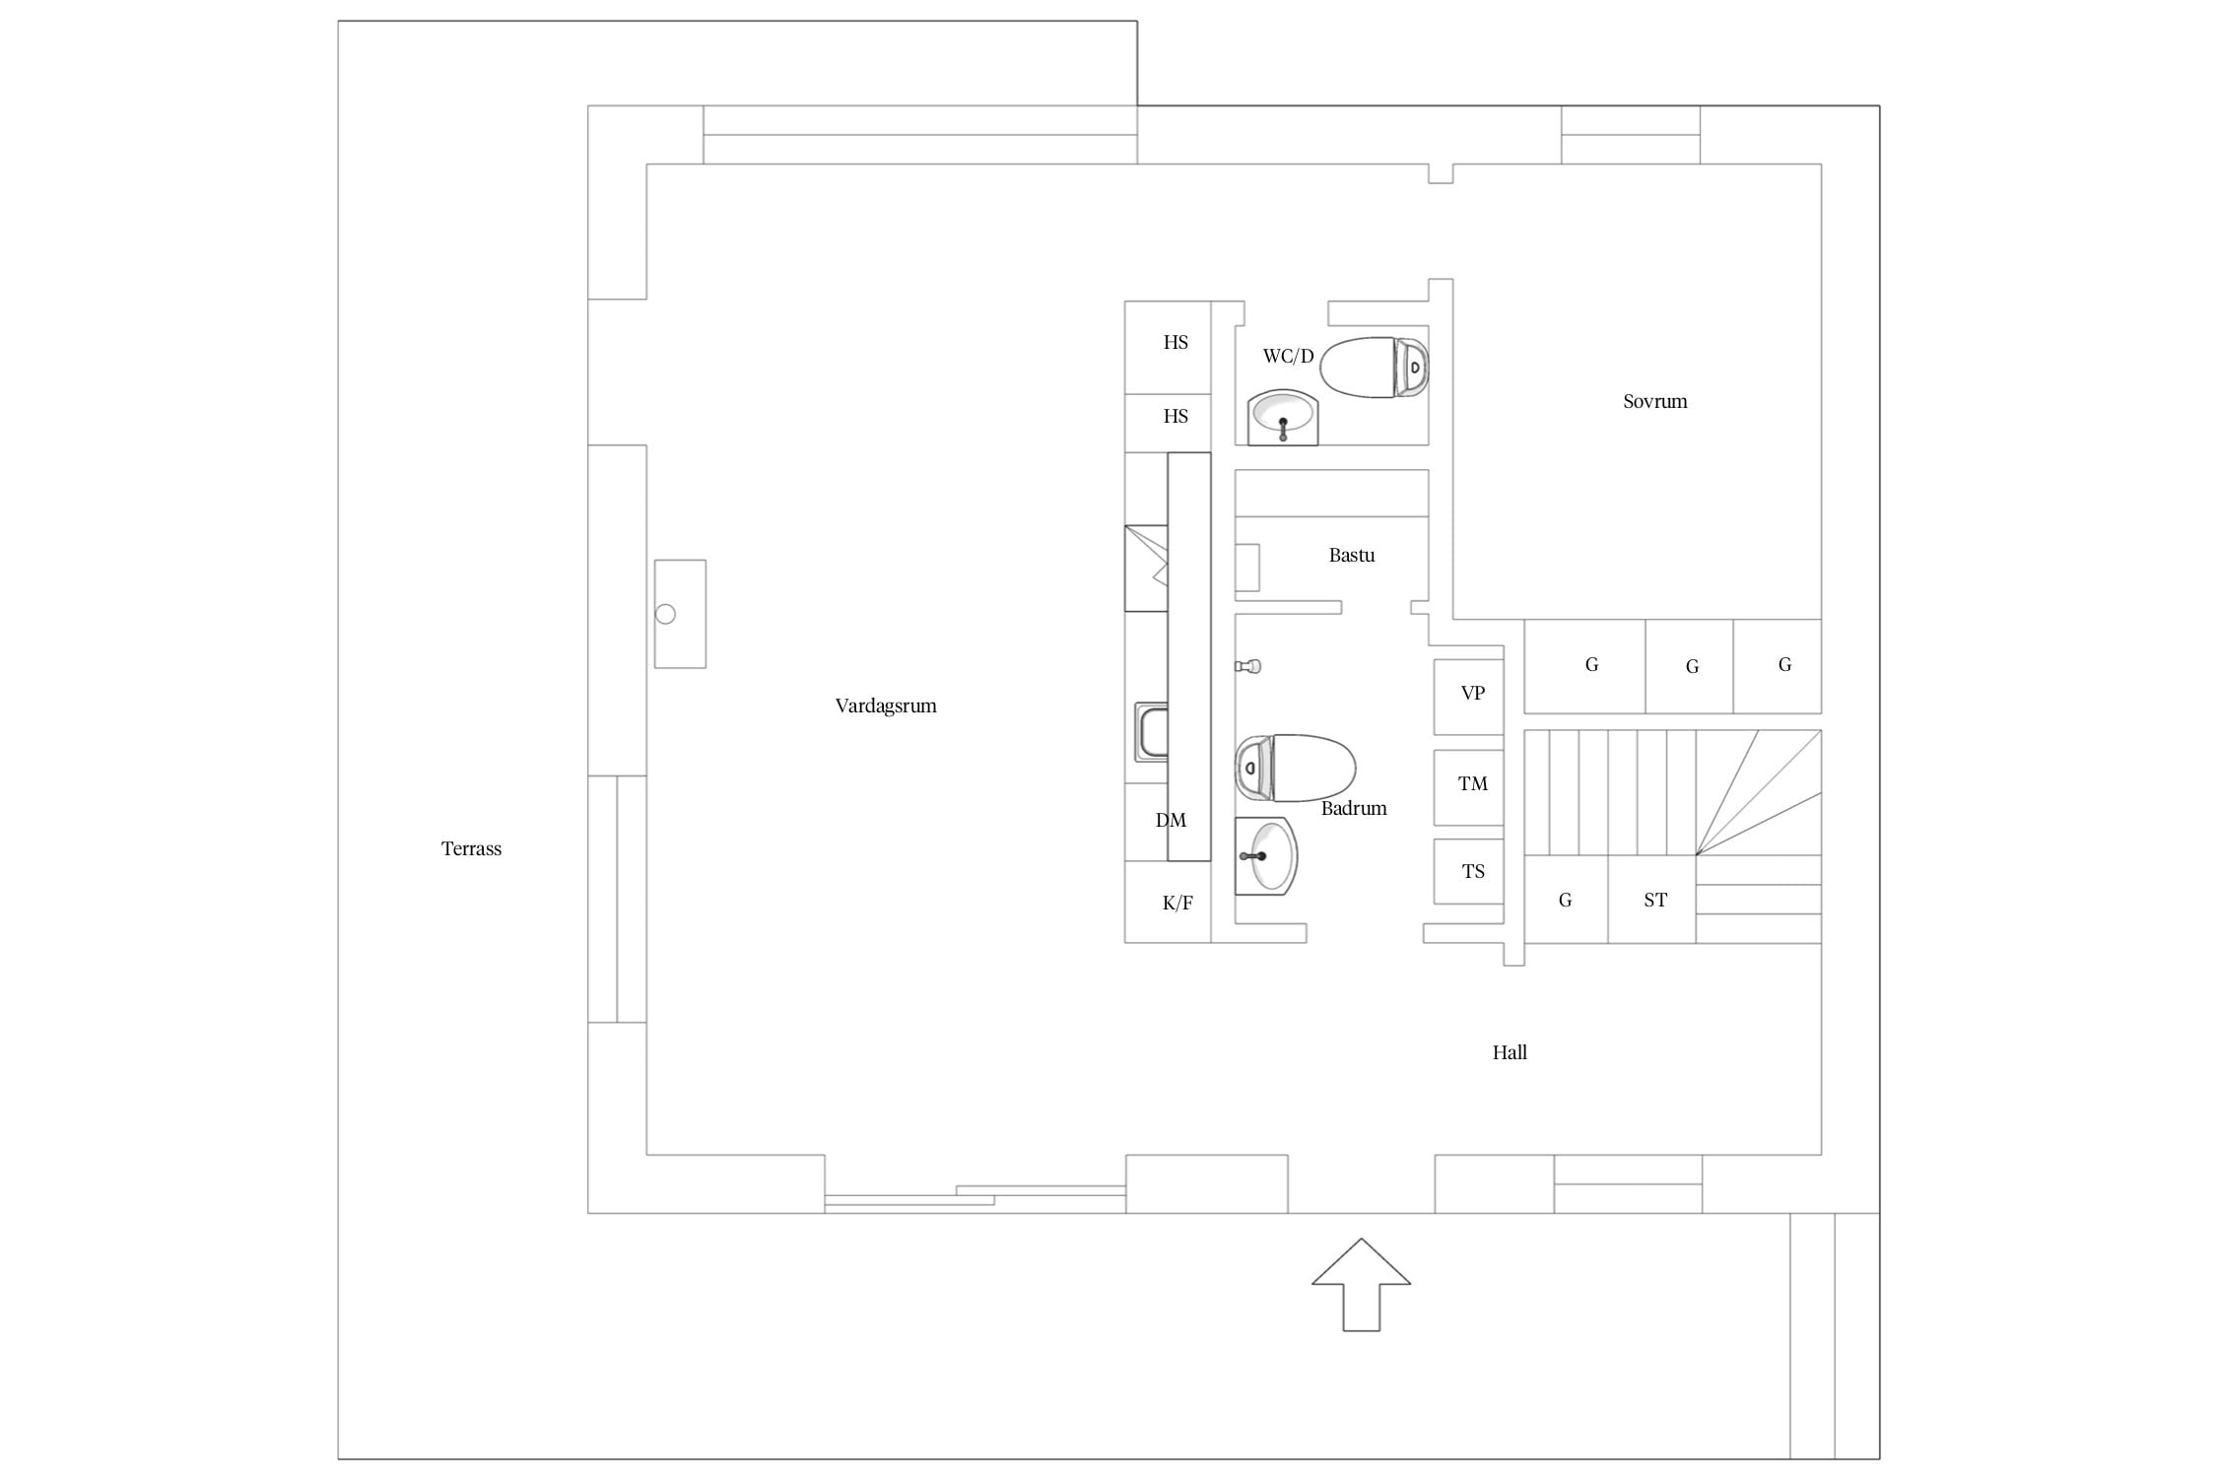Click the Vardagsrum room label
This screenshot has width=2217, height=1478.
pos(886,705)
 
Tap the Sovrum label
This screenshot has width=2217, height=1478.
pos(1655,401)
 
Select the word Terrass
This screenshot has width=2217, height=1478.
pos(471,848)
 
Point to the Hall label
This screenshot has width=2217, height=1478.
pos(1510,1052)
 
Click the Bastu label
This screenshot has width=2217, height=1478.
pos(1352,555)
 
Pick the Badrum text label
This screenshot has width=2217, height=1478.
pos(1354,808)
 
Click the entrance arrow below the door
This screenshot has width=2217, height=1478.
pos(1361,1284)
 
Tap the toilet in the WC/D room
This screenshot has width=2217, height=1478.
pos(1375,368)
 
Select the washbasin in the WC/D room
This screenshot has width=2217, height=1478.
pos(1282,419)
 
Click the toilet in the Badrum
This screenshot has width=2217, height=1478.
pos(1296,768)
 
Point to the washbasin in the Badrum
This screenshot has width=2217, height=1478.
pos(1266,856)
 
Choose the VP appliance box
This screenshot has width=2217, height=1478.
pos(1468,697)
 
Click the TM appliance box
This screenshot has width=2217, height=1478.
pos(1468,787)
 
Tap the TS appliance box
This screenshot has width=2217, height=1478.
pos(1468,871)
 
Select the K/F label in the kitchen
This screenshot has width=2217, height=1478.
pos(1177,903)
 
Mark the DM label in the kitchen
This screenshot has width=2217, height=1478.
pos(1171,820)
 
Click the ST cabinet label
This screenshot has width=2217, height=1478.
pos(1655,900)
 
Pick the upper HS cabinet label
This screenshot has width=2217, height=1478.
pos(1176,342)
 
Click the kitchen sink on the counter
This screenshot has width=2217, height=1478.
pos(1151,732)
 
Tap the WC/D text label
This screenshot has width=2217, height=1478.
pos(1289,356)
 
